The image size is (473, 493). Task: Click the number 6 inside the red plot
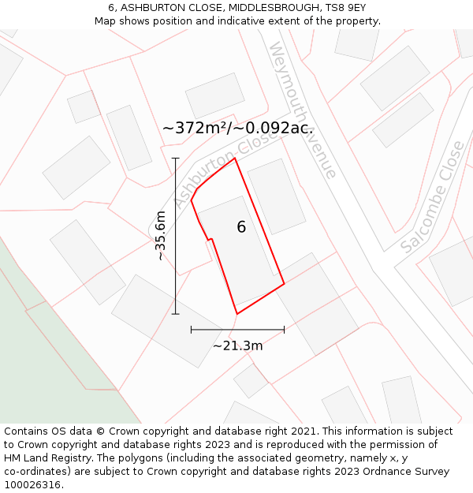(241, 227)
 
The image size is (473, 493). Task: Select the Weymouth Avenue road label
(304, 110)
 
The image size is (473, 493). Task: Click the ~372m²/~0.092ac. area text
(238, 128)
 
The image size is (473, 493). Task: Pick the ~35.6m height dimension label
(160, 235)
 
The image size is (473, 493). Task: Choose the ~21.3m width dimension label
(237, 345)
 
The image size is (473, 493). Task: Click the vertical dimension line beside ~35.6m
(176, 237)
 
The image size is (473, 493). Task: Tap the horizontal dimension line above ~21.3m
(237, 329)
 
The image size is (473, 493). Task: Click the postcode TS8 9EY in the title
(344, 7)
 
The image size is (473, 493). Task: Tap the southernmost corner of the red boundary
(236, 314)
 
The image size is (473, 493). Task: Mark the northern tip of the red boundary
(235, 159)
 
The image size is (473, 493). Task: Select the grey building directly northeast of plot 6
(276, 196)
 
